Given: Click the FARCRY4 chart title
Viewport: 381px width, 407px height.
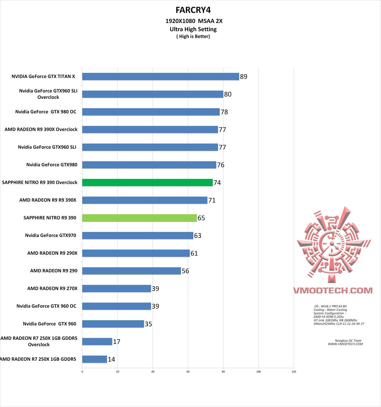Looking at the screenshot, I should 193,10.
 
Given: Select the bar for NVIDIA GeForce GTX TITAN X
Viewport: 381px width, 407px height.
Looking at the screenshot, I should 161,77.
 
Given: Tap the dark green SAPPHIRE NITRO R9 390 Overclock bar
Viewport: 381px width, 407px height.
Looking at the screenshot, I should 147,183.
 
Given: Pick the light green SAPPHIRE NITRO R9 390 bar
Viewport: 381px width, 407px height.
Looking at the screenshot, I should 139,218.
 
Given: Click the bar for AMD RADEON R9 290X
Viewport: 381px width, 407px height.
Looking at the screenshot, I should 136,253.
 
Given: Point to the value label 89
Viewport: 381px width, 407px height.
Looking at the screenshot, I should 243,77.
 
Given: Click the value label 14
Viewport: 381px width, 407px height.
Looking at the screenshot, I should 111,359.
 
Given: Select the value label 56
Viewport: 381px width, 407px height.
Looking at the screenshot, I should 185,271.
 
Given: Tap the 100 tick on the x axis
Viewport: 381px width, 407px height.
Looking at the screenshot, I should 259,371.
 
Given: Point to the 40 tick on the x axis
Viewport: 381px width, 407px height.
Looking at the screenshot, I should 153,371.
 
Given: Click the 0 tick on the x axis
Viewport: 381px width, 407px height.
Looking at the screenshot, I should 82,371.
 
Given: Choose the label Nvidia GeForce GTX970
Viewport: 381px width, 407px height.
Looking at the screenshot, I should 50,235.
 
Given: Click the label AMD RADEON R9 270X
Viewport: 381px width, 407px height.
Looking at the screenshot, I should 52,288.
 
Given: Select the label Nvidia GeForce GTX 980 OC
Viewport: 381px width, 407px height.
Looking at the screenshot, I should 46,112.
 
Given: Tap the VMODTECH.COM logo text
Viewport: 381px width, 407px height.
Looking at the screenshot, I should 333,290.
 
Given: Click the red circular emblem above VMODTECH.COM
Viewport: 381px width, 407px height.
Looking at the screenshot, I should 332,244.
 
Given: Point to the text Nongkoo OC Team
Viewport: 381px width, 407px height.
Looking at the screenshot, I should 348,341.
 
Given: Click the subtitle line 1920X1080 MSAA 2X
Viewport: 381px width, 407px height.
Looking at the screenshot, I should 194,21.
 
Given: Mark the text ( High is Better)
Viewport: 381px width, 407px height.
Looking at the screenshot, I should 193,36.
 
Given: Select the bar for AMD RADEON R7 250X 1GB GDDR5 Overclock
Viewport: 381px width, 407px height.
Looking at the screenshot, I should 97,342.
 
